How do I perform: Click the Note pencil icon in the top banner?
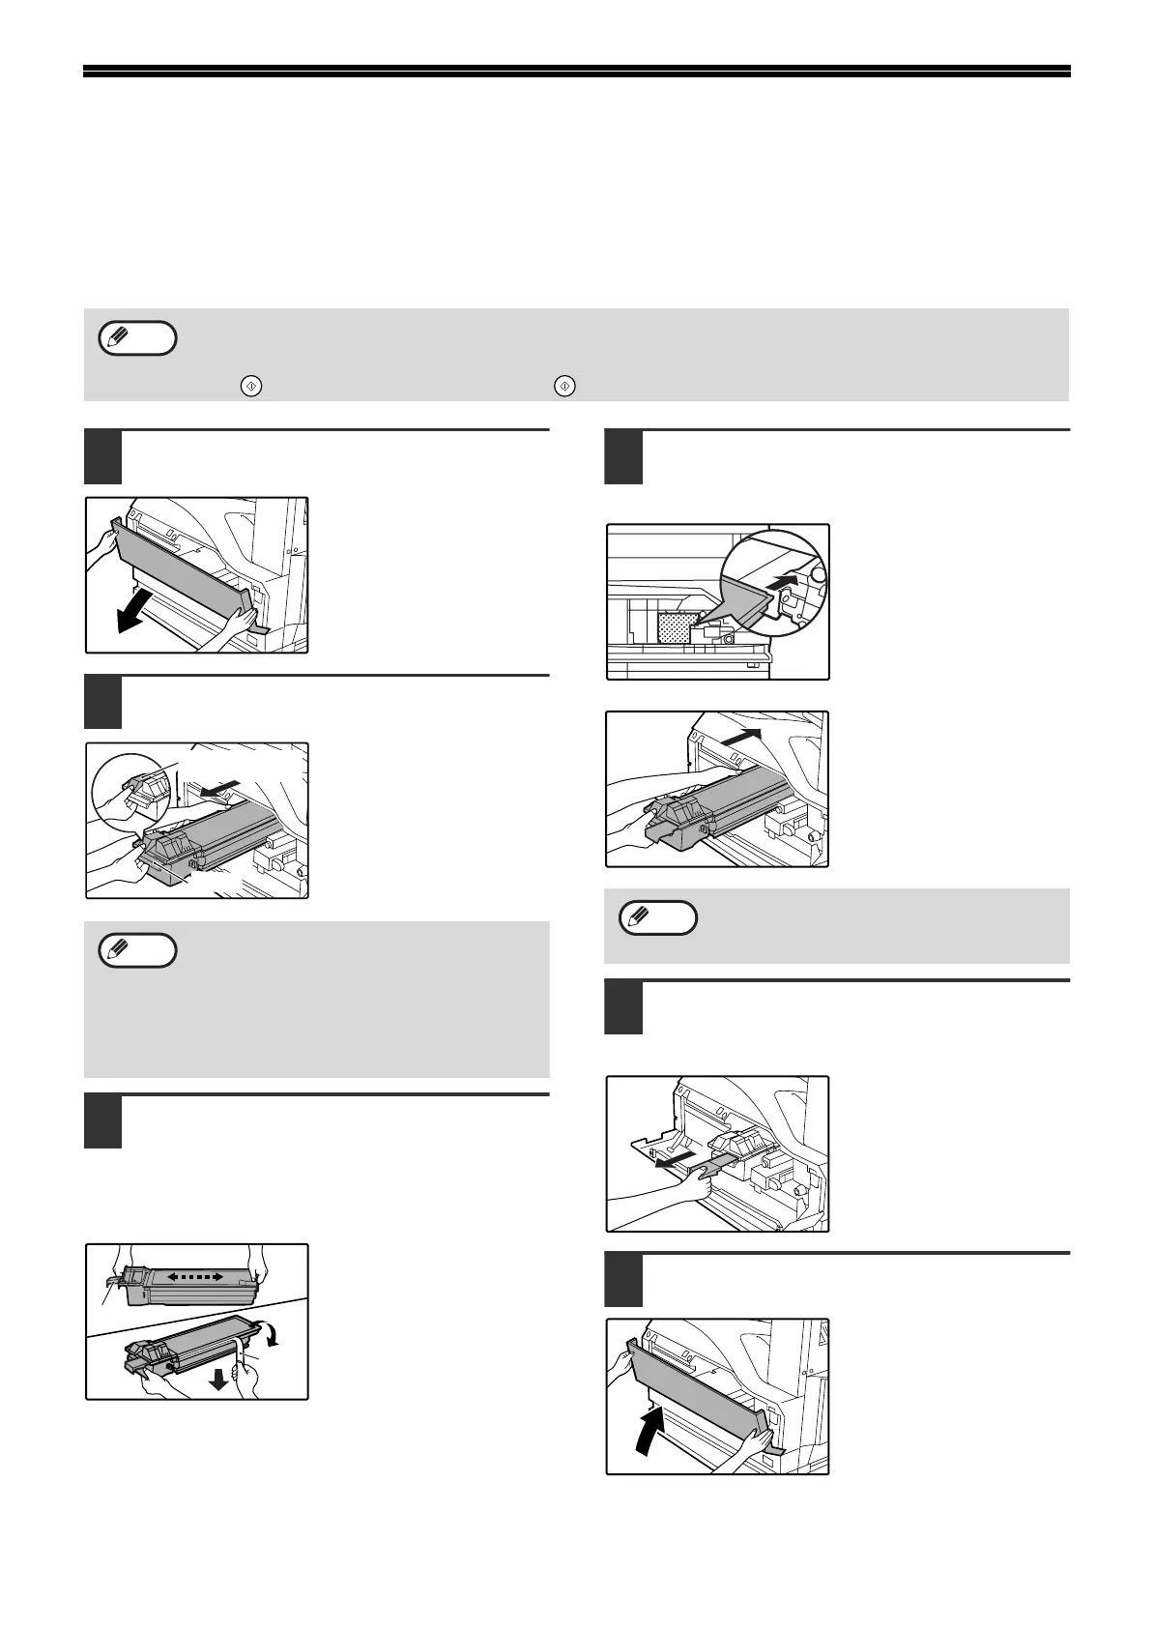tap(137, 338)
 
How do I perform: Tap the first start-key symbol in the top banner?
tap(248, 385)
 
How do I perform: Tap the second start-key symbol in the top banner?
tap(564, 385)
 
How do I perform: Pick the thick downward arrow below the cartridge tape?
tap(219, 1379)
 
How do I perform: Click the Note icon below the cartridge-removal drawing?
tap(137, 950)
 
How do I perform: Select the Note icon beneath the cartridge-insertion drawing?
tap(657, 917)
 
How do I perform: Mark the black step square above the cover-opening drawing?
tap(102, 457)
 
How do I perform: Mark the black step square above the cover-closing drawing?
tap(623, 1279)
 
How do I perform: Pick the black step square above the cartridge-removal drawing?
tap(102, 703)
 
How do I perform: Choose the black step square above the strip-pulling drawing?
tap(623, 1008)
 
